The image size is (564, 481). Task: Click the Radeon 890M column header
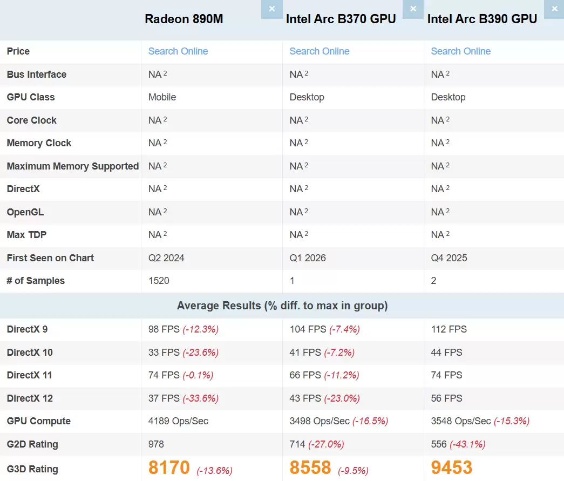coord(184,19)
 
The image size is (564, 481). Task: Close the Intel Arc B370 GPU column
coord(413,9)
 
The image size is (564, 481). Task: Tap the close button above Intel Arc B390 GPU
coord(554,9)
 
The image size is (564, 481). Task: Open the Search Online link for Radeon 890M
coord(178,51)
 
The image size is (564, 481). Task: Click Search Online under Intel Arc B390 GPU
coord(460,51)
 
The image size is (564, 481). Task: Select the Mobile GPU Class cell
coord(162,97)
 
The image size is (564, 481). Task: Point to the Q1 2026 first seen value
coord(308,258)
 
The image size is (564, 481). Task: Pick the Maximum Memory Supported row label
coord(72,166)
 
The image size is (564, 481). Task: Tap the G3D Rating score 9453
coord(451,468)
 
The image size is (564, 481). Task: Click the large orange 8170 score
coord(169,468)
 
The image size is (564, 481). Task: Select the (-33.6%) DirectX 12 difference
coord(200,398)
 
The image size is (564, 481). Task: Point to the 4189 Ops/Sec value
coord(178,421)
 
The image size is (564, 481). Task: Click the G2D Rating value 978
coord(156,444)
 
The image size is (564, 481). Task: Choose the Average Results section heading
coord(282,306)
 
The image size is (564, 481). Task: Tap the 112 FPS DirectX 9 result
coord(449,329)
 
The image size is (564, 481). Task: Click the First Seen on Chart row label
coord(50,258)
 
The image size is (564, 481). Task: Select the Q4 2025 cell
coord(449,258)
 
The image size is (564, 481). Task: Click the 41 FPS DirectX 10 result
coord(305,353)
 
